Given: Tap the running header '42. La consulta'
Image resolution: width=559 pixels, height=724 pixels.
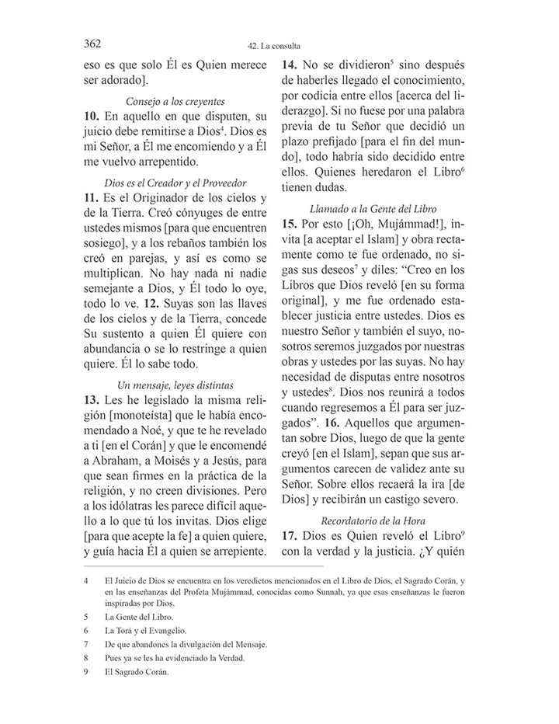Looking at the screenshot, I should [x=279, y=46].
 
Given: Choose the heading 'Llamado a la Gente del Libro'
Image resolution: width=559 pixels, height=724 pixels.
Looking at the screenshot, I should [x=373, y=209].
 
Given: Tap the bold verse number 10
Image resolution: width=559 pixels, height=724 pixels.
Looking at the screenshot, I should [x=91, y=116].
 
